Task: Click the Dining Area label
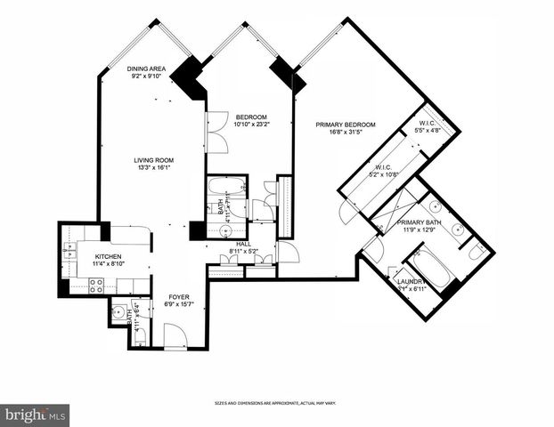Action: (x=147, y=68)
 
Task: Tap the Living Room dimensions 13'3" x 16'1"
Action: (x=152, y=167)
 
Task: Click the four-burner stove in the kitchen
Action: (x=97, y=286)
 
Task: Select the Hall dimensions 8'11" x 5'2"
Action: (x=242, y=252)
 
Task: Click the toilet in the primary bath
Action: (x=477, y=254)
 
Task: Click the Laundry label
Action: (x=411, y=283)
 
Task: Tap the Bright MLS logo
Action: (x=35, y=415)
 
